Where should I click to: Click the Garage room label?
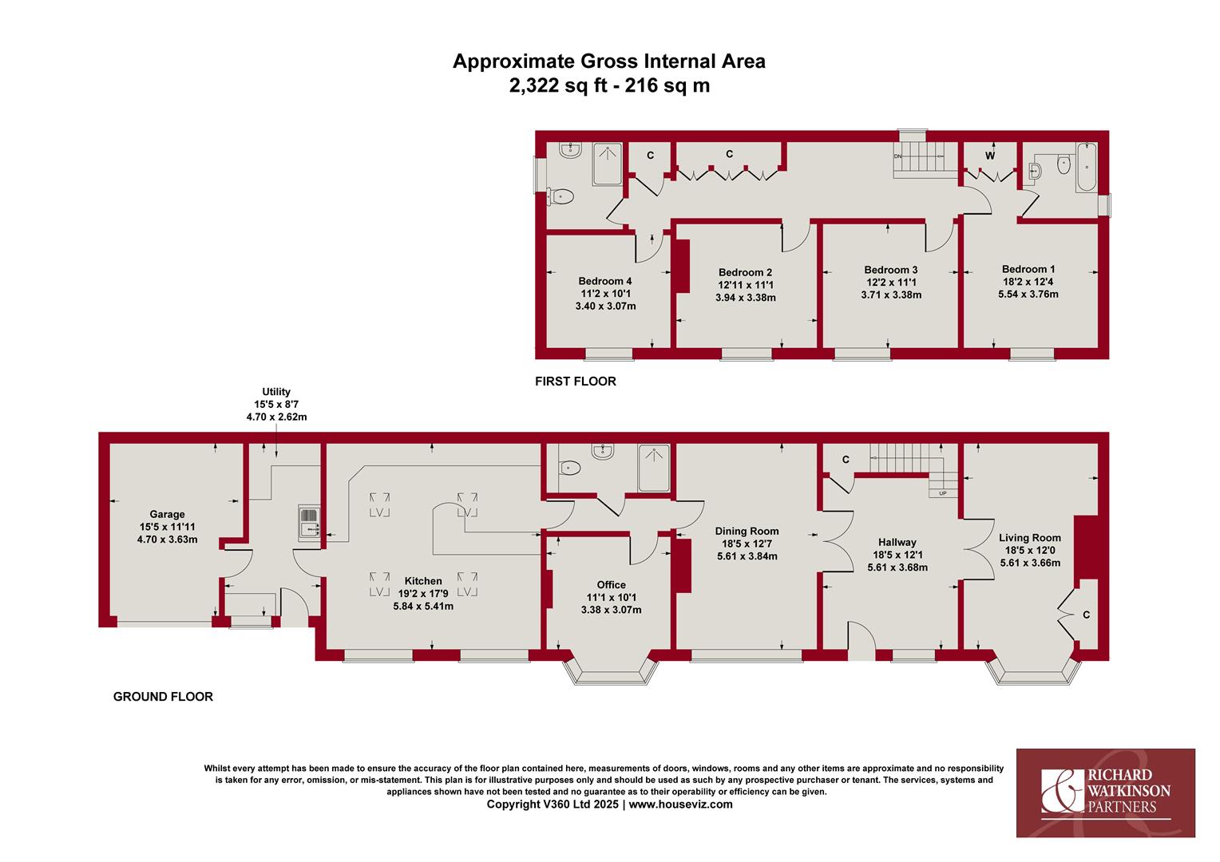tap(167, 514)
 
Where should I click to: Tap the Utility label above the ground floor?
tap(276, 392)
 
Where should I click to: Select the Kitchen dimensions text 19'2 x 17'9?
tap(423, 594)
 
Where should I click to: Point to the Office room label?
tap(611, 585)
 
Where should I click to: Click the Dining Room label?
tap(747, 531)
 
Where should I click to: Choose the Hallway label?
tap(897, 543)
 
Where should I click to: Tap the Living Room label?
tap(1030, 538)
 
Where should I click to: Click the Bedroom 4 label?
tap(605, 281)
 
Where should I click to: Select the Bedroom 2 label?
tap(745, 272)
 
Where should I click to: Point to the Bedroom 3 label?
tap(891, 270)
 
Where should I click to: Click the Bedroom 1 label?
tap(1028, 269)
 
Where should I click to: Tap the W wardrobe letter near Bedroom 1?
tap(990, 156)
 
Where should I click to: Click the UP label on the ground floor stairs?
tap(943, 493)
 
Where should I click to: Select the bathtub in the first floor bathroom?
tap(1087, 167)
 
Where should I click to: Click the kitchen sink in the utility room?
tap(309, 524)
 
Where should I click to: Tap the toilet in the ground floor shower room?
tap(569, 468)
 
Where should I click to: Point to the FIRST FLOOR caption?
tap(576, 382)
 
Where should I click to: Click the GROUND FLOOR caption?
tap(163, 697)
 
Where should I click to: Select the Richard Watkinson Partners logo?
tap(1106, 793)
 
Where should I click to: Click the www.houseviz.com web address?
tap(681, 805)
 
